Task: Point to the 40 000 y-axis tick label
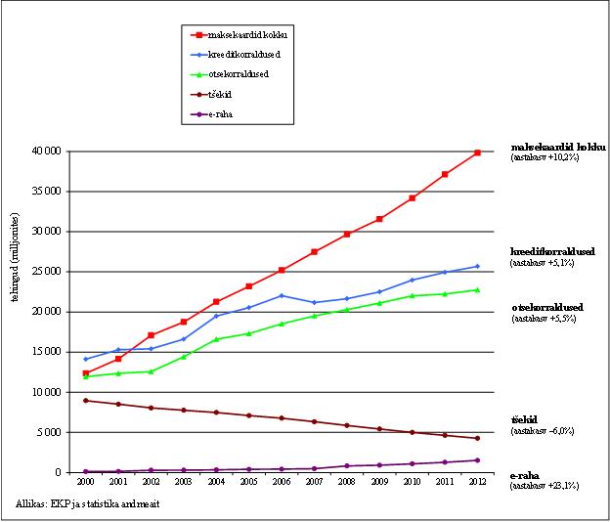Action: (46, 152)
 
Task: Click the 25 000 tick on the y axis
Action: (46, 272)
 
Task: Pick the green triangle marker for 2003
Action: (184, 356)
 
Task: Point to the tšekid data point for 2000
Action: (86, 401)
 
